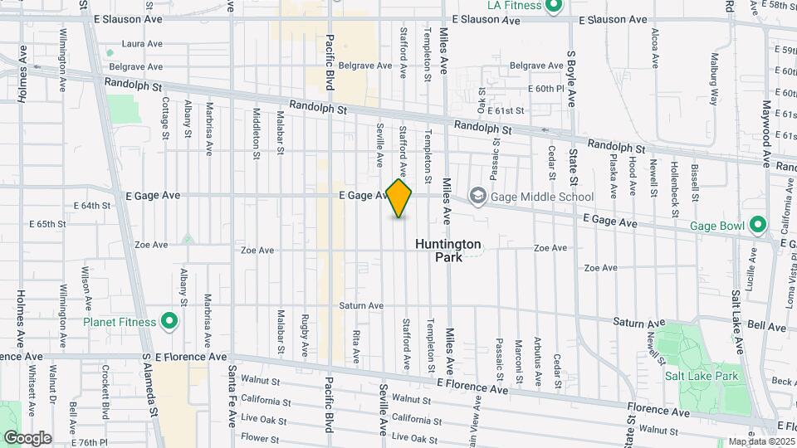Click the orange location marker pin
[399, 199]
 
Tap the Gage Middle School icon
[477, 197]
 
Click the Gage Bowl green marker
[757, 225]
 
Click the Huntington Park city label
[447, 251]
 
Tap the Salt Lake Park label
[702, 376]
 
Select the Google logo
[27, 437]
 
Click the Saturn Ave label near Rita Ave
[361, 305]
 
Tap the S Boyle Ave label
[572, 79]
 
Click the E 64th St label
[91, 205]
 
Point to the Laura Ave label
[139, 44]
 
